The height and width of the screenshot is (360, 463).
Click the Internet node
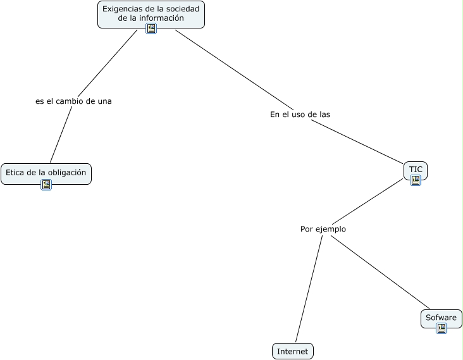(292, 351)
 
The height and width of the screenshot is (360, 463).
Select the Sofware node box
(441, 317)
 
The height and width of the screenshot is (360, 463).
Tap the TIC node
(415, 170)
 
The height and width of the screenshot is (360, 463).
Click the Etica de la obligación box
(46, 172)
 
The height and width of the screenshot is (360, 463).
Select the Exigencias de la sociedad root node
(151, 13)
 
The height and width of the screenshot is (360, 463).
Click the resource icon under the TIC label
(416, 180)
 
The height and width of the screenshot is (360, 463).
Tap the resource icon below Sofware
(441, 328)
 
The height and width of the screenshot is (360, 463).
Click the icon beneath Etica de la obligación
(46, 185)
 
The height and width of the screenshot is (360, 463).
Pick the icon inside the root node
(151, 28)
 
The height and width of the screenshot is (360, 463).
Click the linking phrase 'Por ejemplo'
(323, 229)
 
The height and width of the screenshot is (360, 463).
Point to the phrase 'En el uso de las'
(300, 115)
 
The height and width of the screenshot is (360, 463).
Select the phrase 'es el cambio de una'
(73, 101)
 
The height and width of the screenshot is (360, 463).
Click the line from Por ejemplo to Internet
(309, 291)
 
